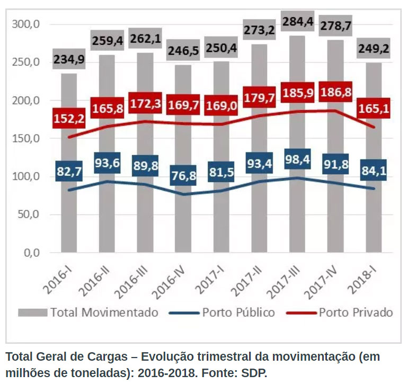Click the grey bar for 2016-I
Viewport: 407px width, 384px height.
pos(69,222)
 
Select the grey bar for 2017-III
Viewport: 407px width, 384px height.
pos(296,222)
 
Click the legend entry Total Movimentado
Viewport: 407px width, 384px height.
pos(104,312)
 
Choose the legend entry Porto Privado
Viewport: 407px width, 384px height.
pos(356,312)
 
